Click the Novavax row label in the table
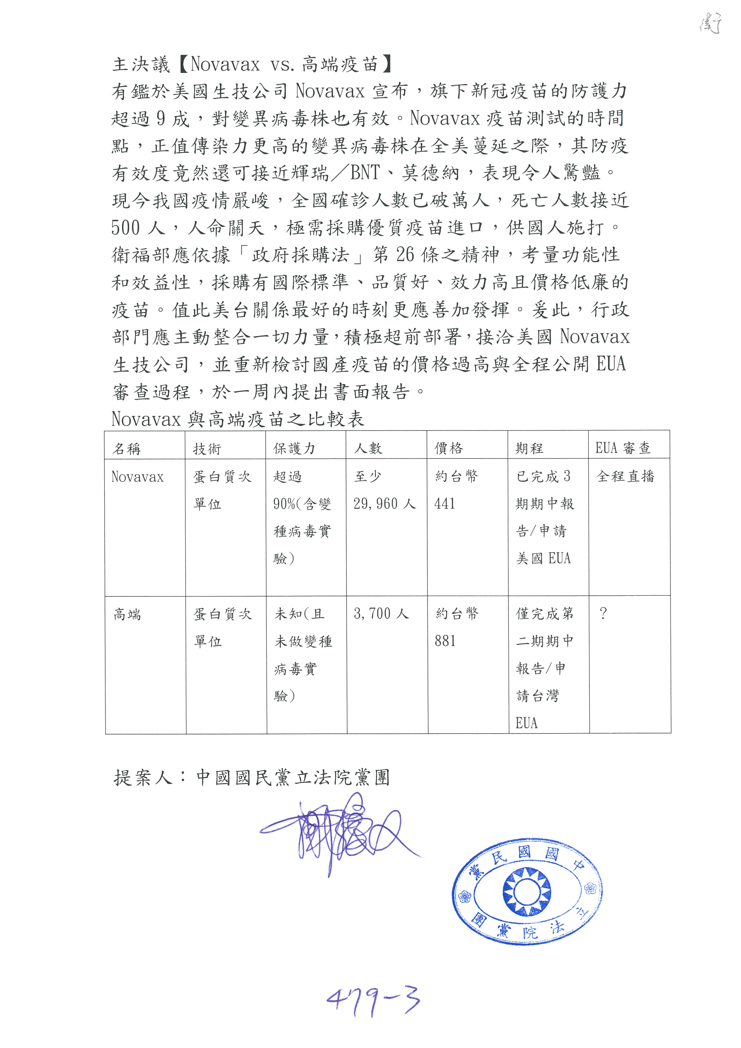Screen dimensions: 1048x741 137,477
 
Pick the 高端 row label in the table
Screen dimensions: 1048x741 127,614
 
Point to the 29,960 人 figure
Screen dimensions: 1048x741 384,504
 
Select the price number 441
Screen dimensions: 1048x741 445,504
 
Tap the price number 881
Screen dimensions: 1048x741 445,641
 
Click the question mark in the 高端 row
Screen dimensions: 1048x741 603,614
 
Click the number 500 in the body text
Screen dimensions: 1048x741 125,227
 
